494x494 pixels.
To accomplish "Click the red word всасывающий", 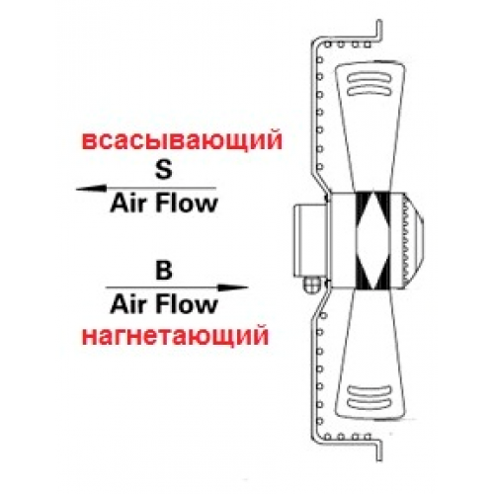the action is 182,142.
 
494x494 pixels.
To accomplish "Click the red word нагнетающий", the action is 175,336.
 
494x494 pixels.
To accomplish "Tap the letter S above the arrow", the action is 164,169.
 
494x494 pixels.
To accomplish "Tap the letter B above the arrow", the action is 164,271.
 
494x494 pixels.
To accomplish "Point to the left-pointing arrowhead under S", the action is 91,189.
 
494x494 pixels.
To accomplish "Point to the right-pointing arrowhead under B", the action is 233,288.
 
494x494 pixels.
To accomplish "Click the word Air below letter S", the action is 127,204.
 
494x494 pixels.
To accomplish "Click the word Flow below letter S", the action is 186,204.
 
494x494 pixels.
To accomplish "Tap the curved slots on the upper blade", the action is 370,84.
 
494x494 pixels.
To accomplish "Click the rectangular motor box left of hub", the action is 310,240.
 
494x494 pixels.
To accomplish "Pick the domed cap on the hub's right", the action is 414,240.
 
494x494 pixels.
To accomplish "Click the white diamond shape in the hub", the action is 372,240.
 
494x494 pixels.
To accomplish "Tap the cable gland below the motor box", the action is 310,284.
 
